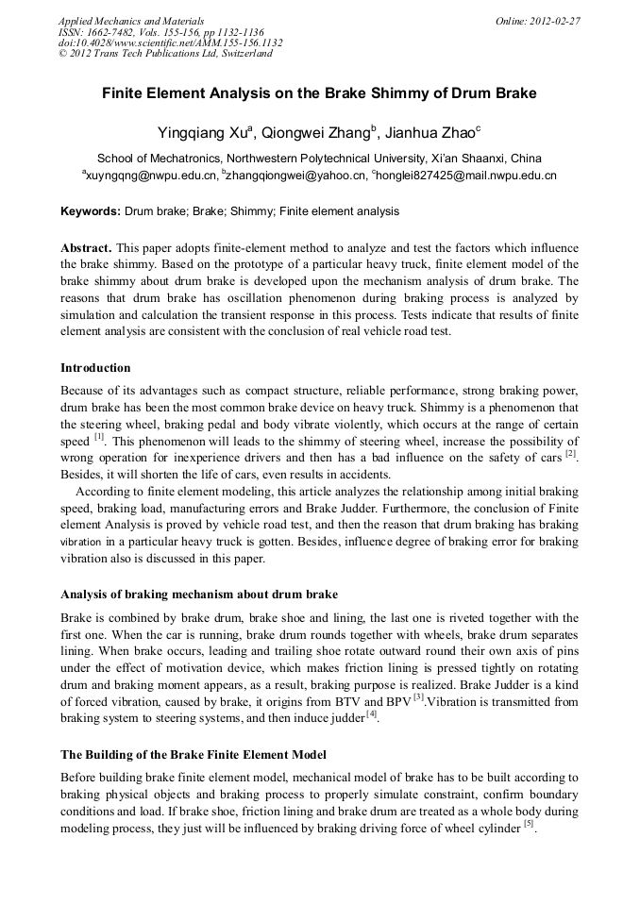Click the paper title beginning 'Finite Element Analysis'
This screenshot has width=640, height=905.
tap(319, 93)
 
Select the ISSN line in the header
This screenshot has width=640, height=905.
tap(161, 31)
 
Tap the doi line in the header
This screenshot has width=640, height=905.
tap(170, 42)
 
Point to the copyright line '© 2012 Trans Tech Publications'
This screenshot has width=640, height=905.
tap(165, 54)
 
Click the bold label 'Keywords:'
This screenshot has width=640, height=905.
tap(90, 212)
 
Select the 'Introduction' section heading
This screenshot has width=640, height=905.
tap(95, 368)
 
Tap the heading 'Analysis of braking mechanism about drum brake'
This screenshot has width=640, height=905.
tap(199, 595)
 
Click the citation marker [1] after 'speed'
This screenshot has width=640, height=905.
tap(98, 438)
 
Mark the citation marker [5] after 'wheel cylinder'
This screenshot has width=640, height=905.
tap(530, 825)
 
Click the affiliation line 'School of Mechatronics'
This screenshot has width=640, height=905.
tap(319, 159)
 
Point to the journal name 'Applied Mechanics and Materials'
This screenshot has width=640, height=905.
tap(131, 20)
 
